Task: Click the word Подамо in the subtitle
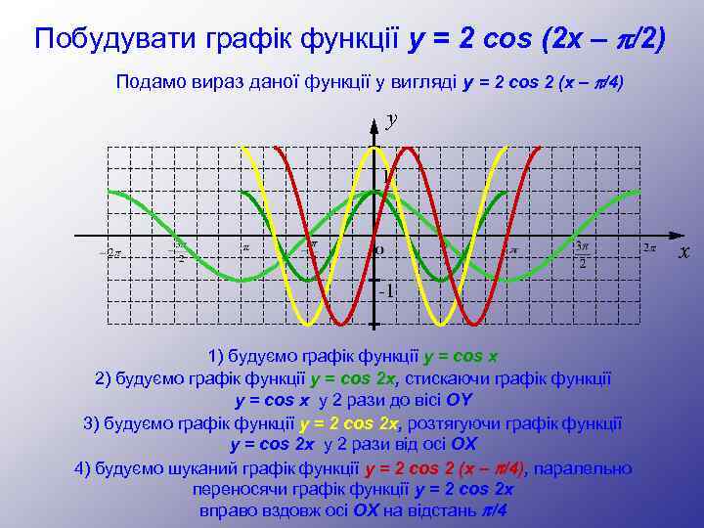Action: [x=148, y=82]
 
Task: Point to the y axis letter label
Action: [x=391, y=120]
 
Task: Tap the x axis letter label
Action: [x=684, y=252]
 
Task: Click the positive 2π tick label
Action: [x=648, y=248]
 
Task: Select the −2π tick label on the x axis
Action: [x=110, y=253]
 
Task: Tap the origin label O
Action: [x=379, y=250]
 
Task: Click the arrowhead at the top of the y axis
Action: [x=374, y=122]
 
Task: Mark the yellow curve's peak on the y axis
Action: [x=374, y=148]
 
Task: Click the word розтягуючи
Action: [x=452, y=423]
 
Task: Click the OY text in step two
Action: [x=459, y=401]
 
